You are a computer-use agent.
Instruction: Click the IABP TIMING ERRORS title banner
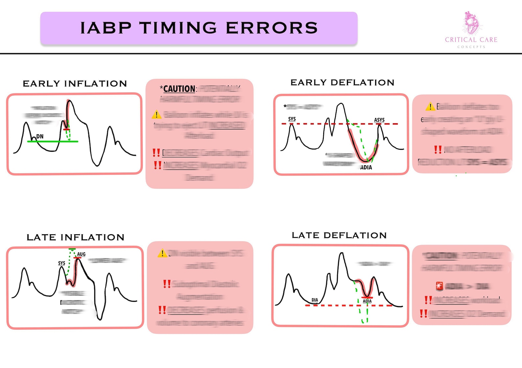pyautogui.click(x=199, y=28)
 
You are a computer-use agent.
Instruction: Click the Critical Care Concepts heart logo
pyautogui.click(x=471, y=24)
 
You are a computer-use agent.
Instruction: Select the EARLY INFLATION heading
pyautogui.click(x=75, y=84)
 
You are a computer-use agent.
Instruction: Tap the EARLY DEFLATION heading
pyautogui.click(x=342, y=82)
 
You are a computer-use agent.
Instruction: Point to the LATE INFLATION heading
pyautogui.click(x=75, y=237)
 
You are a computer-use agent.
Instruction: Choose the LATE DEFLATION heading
pyautogui.click(x=339, y=235)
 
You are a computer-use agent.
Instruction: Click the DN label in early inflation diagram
pyautogui.click(x=40, y=136)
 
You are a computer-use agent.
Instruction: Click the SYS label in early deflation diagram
pyautogui.click(x=292, y=119)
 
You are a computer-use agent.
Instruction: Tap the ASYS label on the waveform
pyautogui.click(x=379, y=120)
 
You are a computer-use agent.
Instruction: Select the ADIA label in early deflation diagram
pyautogui.click(x=366, y=167)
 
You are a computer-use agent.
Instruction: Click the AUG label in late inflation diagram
pyautogui.click(x=81, y=254)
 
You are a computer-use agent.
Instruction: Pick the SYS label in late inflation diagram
pyautogui.click(x=61, y=263)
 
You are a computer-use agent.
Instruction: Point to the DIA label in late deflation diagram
pyautogui.click(x=315, y=300)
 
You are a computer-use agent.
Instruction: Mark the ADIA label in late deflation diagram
pyautogui.click(x=367, y=301)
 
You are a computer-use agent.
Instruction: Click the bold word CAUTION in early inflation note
pyautogui.click(x=179, y=89)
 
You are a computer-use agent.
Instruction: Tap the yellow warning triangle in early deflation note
pyautogui.click(x=430, y=106)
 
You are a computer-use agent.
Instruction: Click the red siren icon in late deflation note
pyautogui.click(x=439, y=286)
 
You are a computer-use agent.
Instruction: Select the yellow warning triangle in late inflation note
pyautogui.click(x=162, y=253)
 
